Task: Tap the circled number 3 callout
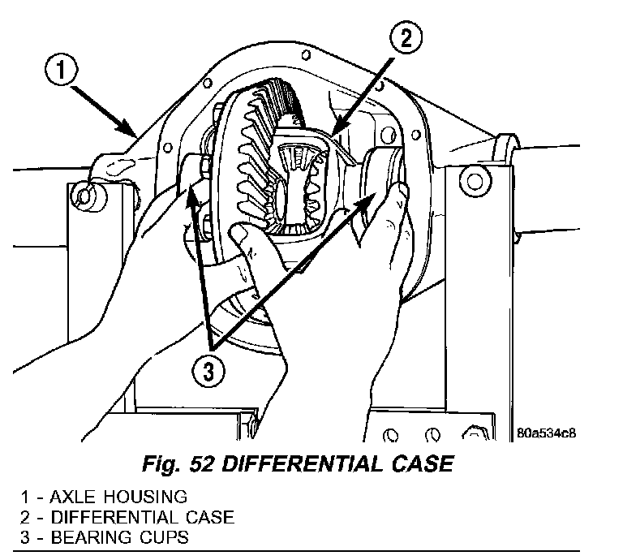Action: pos(210,373)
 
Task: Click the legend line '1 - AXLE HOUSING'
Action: pos(105,497)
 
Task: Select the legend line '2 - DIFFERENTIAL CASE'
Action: pos(130,517)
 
